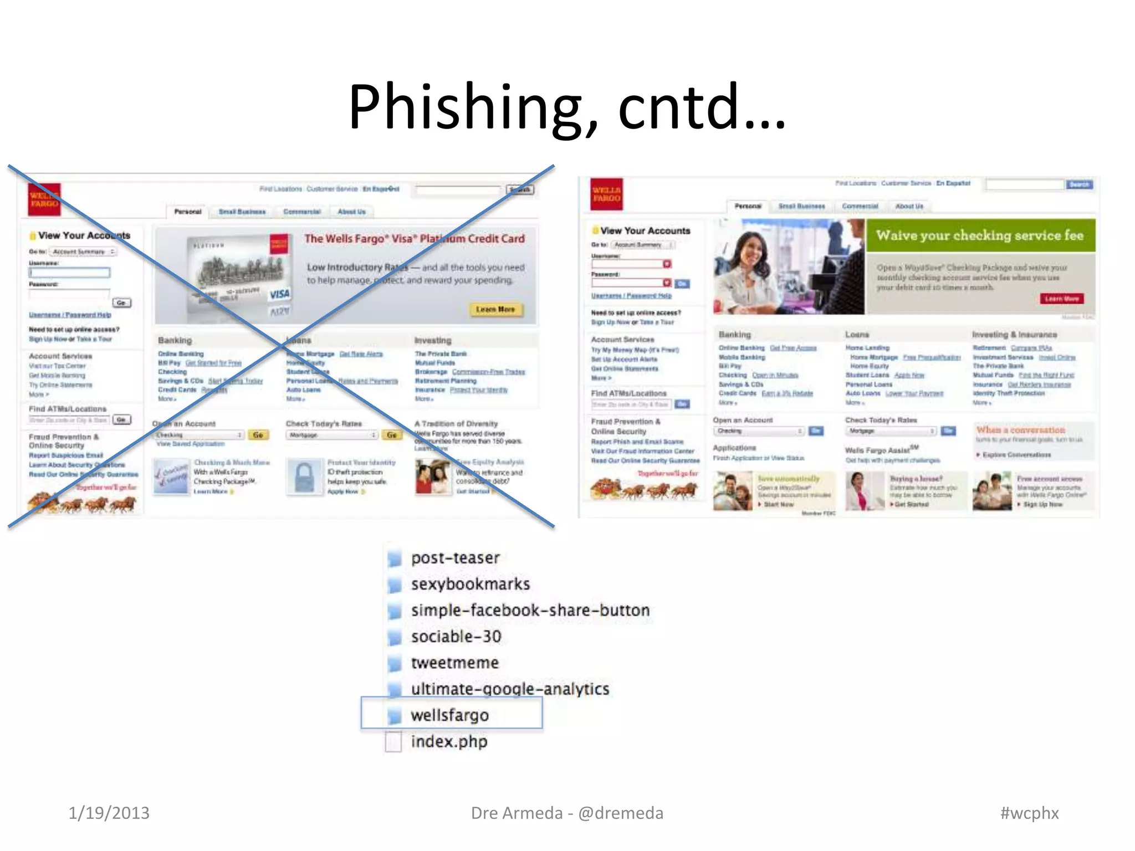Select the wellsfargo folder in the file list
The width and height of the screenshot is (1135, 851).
(x=449, y=715)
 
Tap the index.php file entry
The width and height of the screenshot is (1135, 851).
(x=448, y=741)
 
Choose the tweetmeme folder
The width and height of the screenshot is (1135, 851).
(x=454, y=663)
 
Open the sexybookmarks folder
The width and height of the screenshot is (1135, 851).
(x=470, y=584)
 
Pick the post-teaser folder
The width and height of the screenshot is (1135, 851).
(x=455, y=558)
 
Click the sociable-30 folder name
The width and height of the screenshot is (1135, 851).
(x=456, y=637)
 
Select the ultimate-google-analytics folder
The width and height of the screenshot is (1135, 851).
(x=510, y=689)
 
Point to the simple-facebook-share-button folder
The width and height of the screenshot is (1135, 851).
(x=530, y=610)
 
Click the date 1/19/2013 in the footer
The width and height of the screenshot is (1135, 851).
(x=109, y=813)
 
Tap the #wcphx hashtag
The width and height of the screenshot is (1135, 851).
(x=1029, y=813)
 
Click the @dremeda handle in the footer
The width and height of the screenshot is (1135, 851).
(x=621, y=813)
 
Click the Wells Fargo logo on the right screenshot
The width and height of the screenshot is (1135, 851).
(x=606, y=194)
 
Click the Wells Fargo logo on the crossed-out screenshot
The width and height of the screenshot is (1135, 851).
(x=44, y=199)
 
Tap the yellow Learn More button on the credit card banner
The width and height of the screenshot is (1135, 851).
(x=495, y=309)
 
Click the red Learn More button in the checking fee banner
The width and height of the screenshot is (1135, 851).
(x=1061, y=299)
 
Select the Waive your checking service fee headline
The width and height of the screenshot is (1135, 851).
(x=980, y=235)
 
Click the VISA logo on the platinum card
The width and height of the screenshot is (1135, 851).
(x=279, y=294)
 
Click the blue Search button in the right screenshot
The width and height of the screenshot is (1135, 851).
(x=1079, y=184)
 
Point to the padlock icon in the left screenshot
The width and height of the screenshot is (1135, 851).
(x=304, y=476)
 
